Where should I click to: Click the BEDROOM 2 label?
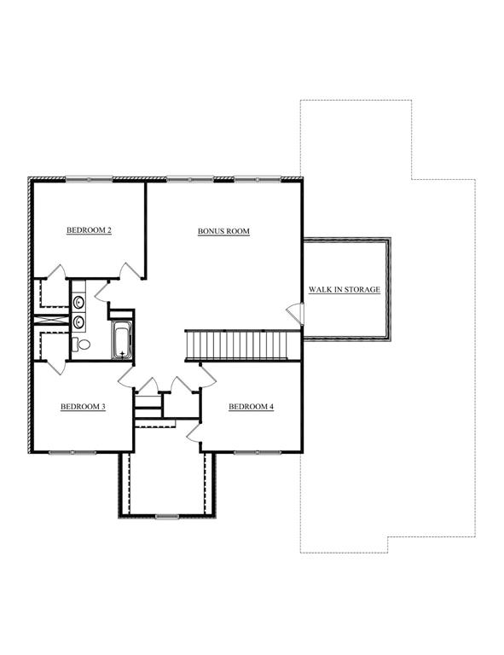click(89, 230)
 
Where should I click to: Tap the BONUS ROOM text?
click(223, 231)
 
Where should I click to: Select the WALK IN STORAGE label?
click(345, 289)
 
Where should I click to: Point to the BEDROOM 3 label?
click(83, 407)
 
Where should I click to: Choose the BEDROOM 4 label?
click(251, 407)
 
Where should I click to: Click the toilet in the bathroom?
click(81, 345)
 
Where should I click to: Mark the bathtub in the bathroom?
click(122, 340)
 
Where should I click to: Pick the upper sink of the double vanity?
click(78, 302)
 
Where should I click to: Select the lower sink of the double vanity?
click(78, 322)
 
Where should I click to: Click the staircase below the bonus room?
click(242, 345)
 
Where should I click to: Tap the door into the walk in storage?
click(295, 313)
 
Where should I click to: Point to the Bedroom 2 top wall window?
click(89, 180)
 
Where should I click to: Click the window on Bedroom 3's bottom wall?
click(72, 452)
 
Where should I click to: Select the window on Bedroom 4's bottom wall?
click(258, 452)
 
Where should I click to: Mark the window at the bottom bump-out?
click(167, 517)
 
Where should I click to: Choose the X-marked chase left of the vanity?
click(51, 320)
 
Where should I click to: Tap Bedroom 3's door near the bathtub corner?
click(126, 377)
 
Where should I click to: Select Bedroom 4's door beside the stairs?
click(208, 375)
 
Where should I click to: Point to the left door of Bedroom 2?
click(56, 271)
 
